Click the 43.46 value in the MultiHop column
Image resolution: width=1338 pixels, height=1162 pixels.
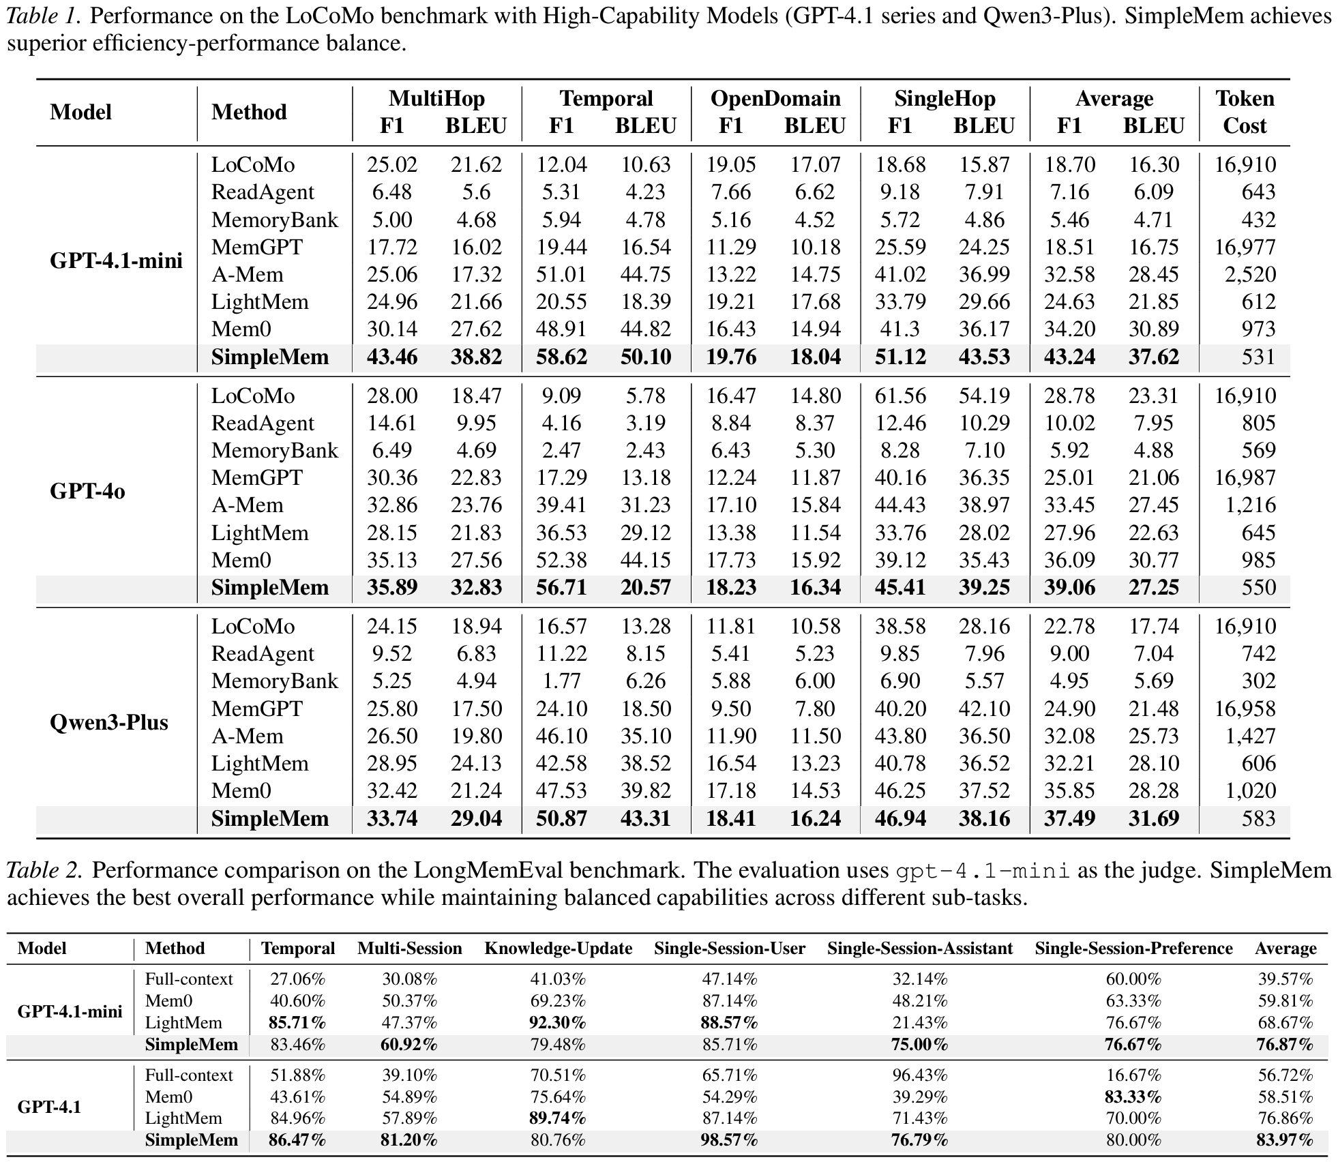pyautogui.click(x=392, y=357)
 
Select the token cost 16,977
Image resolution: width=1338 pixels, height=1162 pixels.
pyautogui.click(x=1245, y=247)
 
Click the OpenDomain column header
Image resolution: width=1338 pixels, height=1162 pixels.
pyautogui.click(x=775, y=99)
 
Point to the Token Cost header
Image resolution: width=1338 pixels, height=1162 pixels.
pyautogui.click(x=1245, y=112)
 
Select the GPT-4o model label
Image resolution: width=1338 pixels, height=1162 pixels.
pyautogui.click(x=87, y=491)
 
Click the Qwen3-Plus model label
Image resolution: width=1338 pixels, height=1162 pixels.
pyautogui.click(x=109, y=721)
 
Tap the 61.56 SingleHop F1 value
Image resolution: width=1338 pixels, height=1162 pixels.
pyautogui.click(x=900, y=396)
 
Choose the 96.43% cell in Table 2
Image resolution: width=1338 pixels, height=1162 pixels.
pyautogui.click(x=920, y=1075)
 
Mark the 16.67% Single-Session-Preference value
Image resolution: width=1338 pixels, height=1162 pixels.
pyautogui.click(x=1133, y=1075)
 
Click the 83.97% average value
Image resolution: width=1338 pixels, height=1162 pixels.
pyautogui.click(x=1285, y=1140)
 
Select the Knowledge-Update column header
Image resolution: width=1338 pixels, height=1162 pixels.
pyautogui.click(x=558, y=949)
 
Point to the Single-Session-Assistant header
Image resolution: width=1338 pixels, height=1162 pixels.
pyautogui.click(x=920, y=949)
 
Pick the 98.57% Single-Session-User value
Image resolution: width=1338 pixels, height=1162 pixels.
pyautogui.click(x=730, y=1140)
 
